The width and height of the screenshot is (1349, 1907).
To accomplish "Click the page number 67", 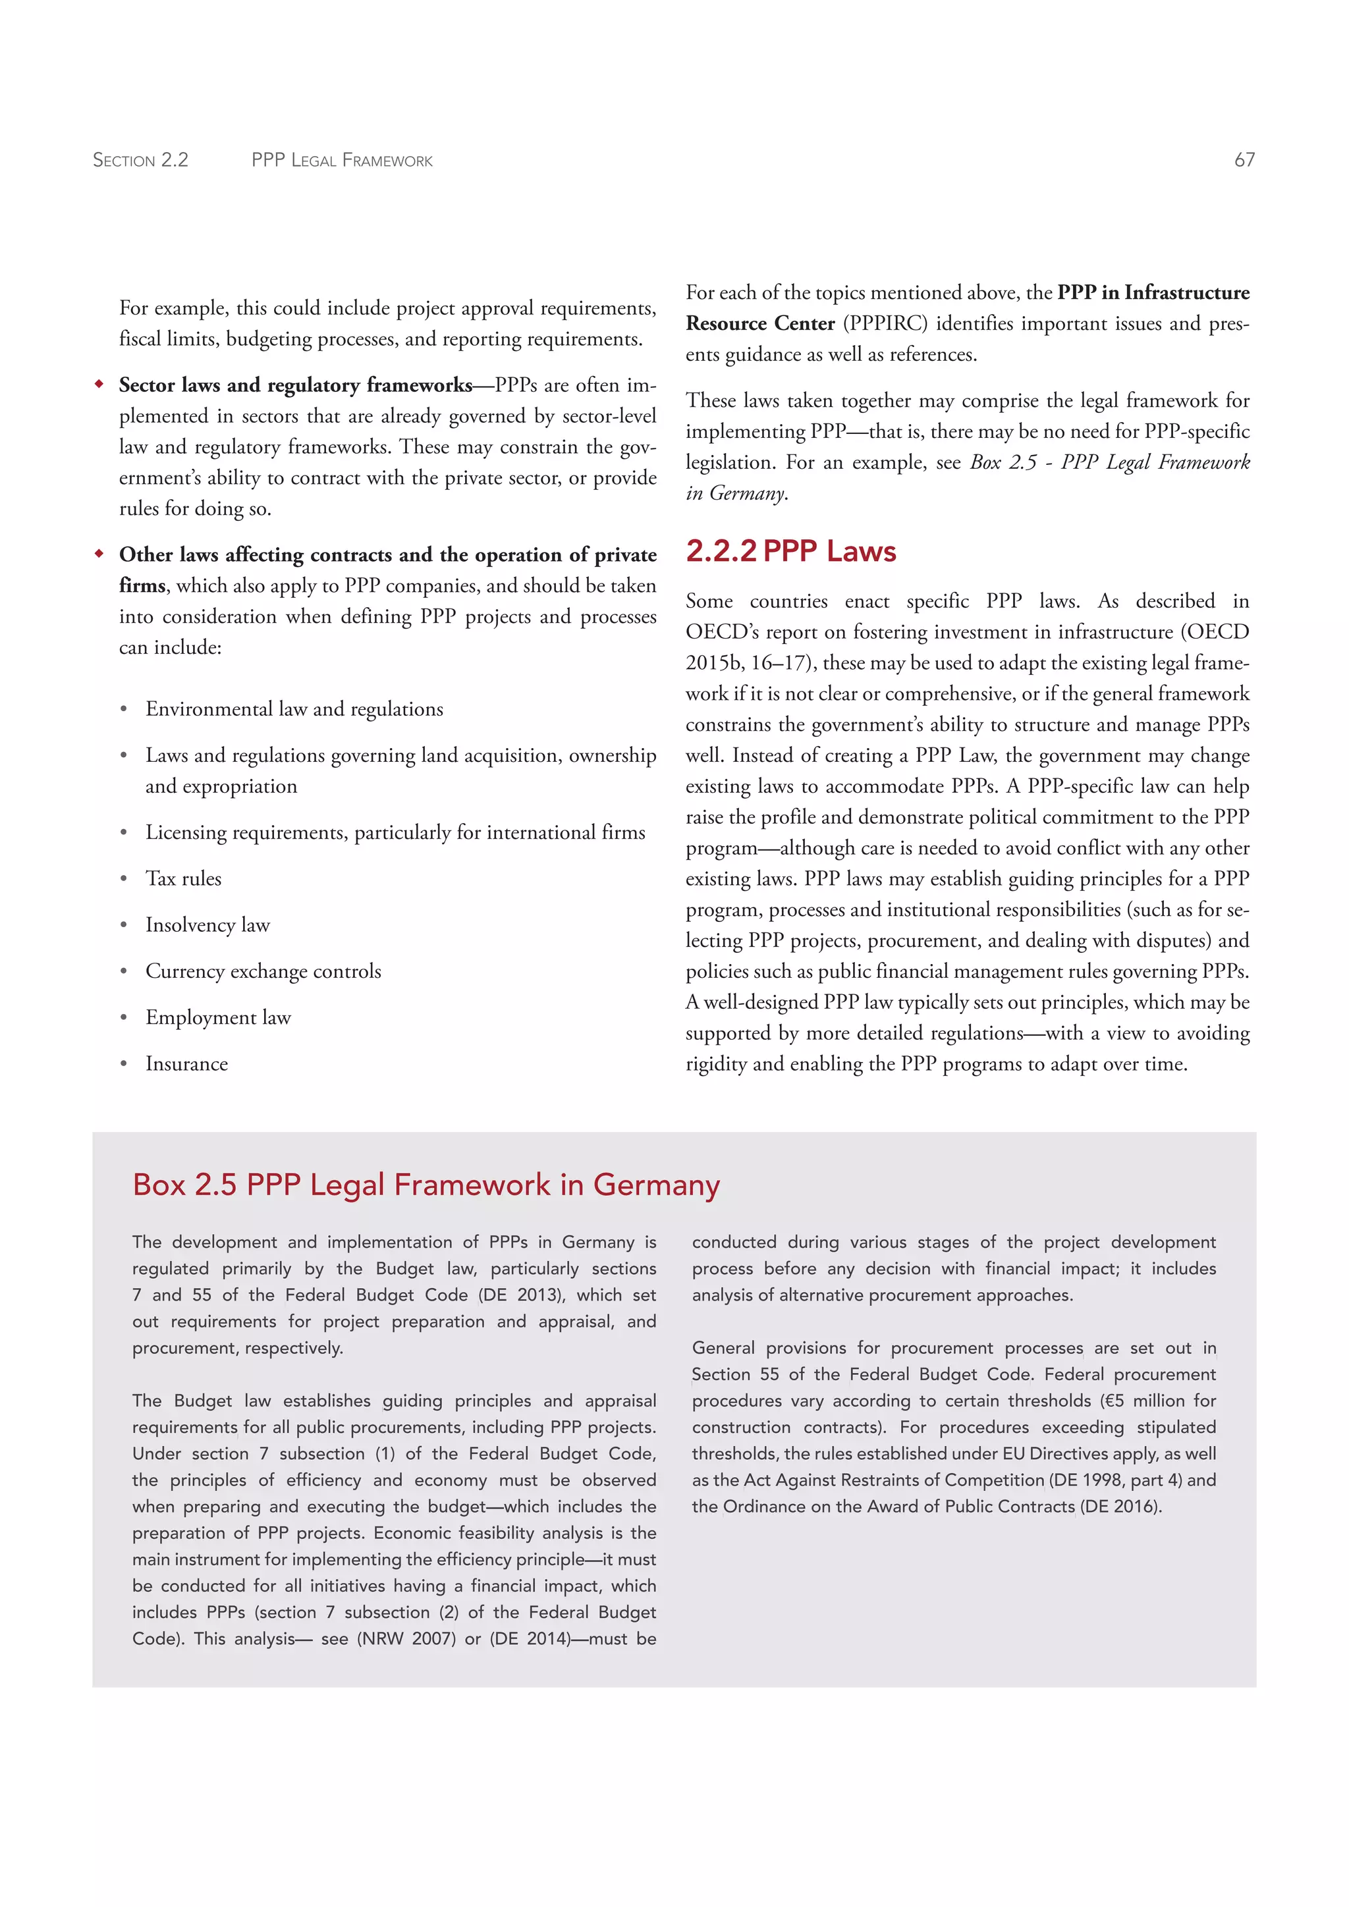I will (1244, 159).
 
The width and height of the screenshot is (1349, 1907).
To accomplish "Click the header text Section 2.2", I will (140, 159).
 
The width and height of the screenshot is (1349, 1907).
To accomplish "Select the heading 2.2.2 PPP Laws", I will (791, 552).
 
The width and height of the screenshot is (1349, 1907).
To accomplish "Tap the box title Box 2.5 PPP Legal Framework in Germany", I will (426, 1185).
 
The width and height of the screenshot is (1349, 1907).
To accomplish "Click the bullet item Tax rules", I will (184, 878).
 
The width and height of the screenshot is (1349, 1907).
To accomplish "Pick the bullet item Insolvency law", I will (207, 925).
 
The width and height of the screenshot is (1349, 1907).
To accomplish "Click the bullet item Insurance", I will (187, 1064).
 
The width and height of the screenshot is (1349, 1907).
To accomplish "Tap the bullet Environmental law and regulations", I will (294, 709).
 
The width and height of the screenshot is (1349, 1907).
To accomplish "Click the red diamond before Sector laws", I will (99, 385).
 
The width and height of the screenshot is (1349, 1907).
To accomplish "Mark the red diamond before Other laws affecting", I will (99, 554).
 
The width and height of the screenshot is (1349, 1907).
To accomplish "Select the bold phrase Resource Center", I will (760, 324).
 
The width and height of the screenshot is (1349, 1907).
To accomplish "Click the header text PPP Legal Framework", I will (343, 159).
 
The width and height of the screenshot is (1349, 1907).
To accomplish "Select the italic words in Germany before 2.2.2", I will (736, 493).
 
